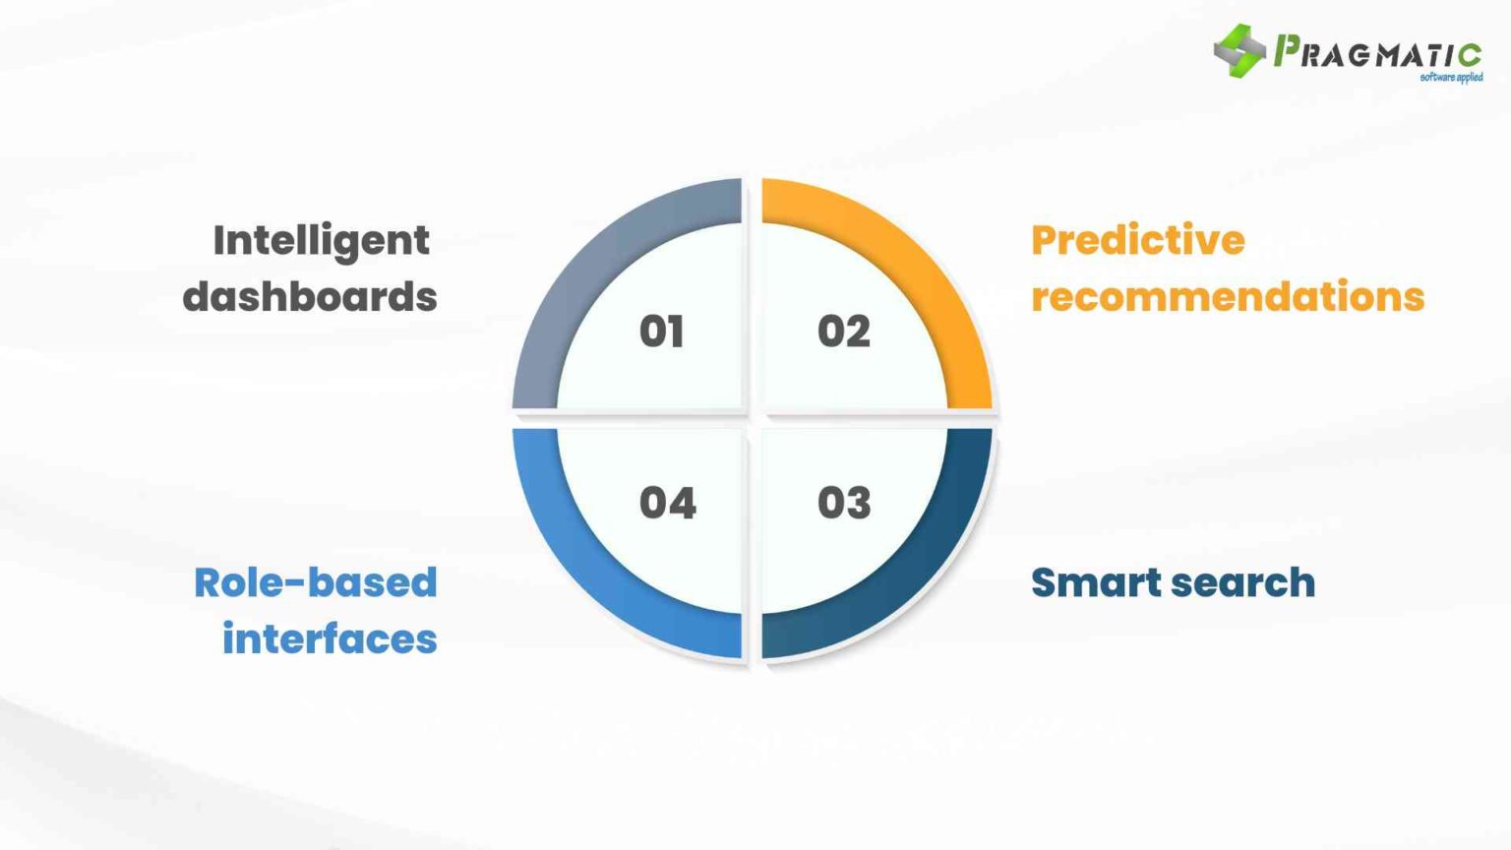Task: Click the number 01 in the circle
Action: [661, 332]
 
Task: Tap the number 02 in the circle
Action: [843, 332]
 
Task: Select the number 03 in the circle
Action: [843, 503]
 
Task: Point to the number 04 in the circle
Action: [667, 503]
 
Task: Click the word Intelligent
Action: [321, 241]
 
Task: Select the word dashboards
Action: [310, 297]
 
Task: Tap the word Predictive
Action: [1137, 241]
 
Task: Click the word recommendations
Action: [1227, 297]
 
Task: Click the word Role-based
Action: [315, 582]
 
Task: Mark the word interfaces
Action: [330, 639]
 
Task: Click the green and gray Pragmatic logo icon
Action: [1239, 50]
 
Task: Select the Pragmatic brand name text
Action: [1377, 52]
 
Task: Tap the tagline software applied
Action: [1451, 77]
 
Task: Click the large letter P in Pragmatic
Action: [1286, 50]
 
